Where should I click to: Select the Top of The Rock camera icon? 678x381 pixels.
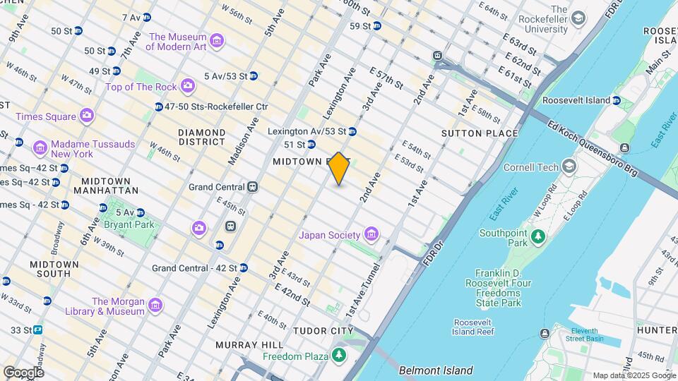point(187,86)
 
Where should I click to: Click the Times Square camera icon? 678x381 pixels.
point(87,114)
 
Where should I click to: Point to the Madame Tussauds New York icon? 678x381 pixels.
point(40,148)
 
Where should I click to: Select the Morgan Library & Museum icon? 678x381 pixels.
point(155,306)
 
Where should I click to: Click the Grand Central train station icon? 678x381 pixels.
point(251,187)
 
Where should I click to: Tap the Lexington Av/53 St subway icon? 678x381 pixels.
point(352,131)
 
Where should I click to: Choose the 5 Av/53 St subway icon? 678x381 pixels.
point(253,75)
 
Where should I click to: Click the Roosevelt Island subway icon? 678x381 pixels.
point(617,100)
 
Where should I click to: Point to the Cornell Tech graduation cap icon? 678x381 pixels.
point(569,167)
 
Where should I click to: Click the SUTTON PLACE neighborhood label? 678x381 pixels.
point(480,133)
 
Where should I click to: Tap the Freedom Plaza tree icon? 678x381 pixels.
point(340,355)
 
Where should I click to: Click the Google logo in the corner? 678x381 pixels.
point(23,372)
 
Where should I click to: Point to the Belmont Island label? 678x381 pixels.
point(436,370)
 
